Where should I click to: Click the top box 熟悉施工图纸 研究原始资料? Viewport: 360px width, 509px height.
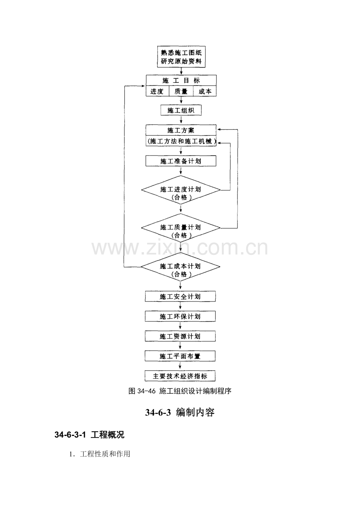[x=181, y=57]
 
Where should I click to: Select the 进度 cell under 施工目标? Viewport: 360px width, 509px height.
[x=157, y=91]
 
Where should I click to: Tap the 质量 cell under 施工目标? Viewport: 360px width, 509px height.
[x=181, y=91]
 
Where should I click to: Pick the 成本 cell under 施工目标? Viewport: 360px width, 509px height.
[x=205, y=91]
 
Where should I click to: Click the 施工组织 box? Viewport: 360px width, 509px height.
[x=181, y=110]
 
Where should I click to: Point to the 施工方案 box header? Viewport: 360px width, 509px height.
[x=181, y=130]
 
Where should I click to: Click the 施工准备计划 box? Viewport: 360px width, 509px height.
[x=181, y=161]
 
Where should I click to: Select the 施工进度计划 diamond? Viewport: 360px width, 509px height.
[x=181, y=190]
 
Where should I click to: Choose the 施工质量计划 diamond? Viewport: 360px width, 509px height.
[x=181, y=228]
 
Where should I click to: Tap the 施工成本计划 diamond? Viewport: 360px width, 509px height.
[x=180, y=267]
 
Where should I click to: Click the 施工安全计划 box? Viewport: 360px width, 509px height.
[x=180, y=297]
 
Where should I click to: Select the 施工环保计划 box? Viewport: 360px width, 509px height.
[x=180, y=316]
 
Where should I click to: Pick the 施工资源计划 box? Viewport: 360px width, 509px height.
[x=180, y=336]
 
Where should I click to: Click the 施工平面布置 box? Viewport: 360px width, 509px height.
[x=180, y=356]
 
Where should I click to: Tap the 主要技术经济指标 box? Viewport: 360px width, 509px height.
[x=180, y=376]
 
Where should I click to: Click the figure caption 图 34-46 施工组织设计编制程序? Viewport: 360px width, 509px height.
[x=180, y=391]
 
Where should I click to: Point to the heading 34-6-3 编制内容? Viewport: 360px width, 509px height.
[x=180, y=412]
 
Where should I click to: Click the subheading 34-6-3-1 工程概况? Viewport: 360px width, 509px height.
[x=89, y=435]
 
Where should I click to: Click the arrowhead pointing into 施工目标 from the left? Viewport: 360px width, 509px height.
[x=143, y=86]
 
